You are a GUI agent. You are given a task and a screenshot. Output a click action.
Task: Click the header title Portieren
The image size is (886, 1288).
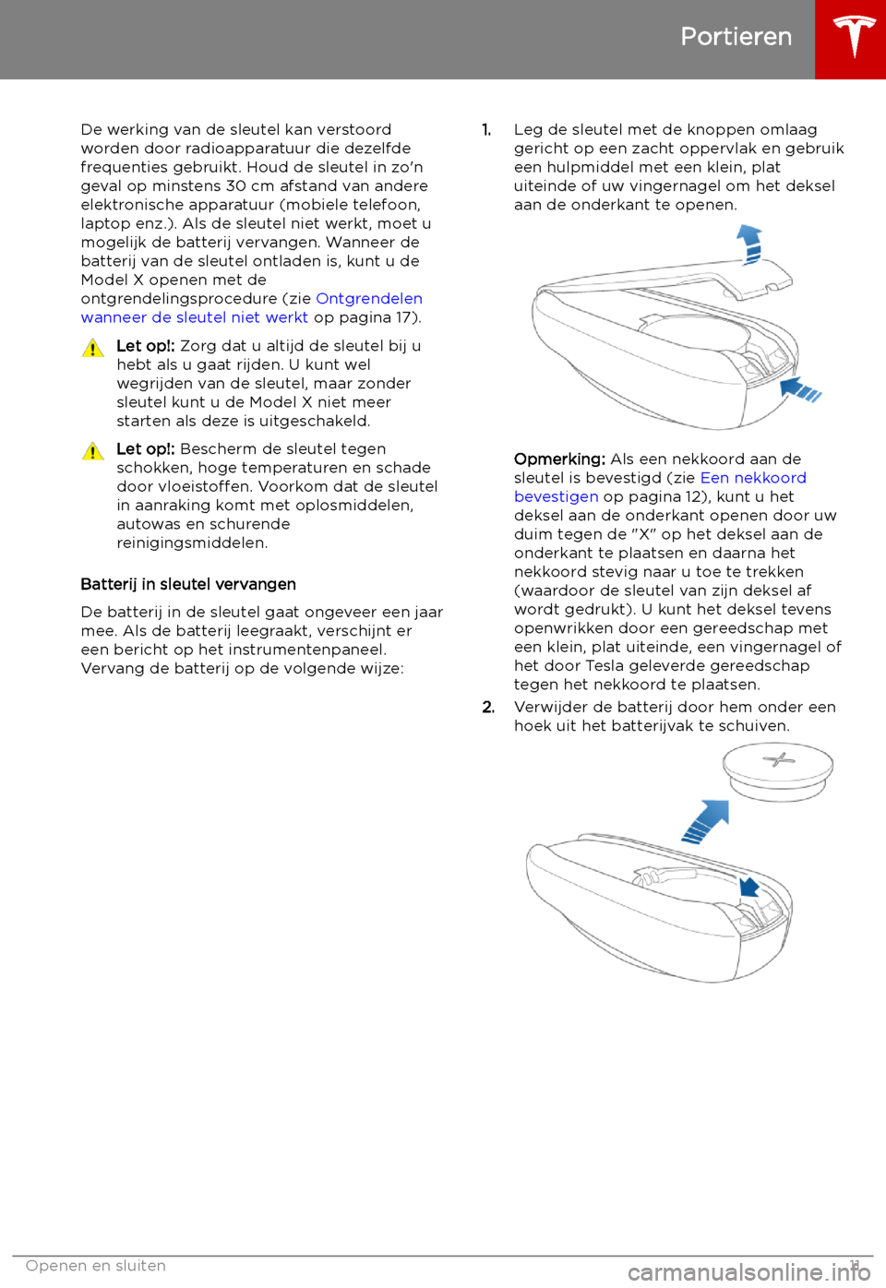pyautogui.click(x=736, y=37)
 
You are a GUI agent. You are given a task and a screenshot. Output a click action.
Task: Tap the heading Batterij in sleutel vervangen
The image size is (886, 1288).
pyautogui.click(x=188, y=584)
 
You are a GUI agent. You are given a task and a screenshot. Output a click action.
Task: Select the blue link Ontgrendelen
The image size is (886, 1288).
pyautogui.click(x=369, y=298)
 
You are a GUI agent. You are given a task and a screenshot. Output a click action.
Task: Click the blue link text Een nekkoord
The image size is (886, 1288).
pyautogui.click(x=753, y=477)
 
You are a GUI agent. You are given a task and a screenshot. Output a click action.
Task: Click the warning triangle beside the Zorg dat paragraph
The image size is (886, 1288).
pyautogui.click(x=92, y=348)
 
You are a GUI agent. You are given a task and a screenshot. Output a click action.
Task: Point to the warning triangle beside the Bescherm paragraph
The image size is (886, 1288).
pyautogui.click(x=92, y=451)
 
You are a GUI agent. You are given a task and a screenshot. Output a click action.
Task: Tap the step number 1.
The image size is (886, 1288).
pyautogui.click(x=486, y=130)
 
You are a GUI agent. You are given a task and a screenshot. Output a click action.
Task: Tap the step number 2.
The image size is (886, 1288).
pyautogui.click(x=488, y=707)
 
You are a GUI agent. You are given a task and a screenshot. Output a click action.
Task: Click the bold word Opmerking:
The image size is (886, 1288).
pyautogui.click(x=559, y=459)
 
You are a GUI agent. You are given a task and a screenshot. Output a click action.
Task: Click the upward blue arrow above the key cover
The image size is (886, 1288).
pyautogui.click(x=749, y=244)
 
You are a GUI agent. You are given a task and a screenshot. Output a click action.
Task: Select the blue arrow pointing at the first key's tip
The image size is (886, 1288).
pyautogui.click(x=799, y=389)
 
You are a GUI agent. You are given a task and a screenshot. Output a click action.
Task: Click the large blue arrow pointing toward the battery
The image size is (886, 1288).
pyautogui.click(x=706, y=821)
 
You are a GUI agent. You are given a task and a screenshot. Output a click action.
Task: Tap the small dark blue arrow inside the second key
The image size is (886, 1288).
pyautogui.click(x=748, y=887)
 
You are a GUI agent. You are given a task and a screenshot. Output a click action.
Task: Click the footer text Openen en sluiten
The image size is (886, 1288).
pyautogui.click(x=96, y=1266)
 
